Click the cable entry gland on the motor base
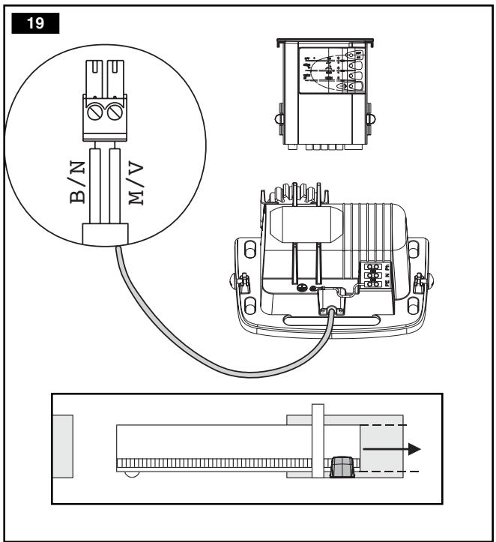click(x=329, y=310)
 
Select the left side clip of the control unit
click(x=279, y=119)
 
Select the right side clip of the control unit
click(x=369, y=118)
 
